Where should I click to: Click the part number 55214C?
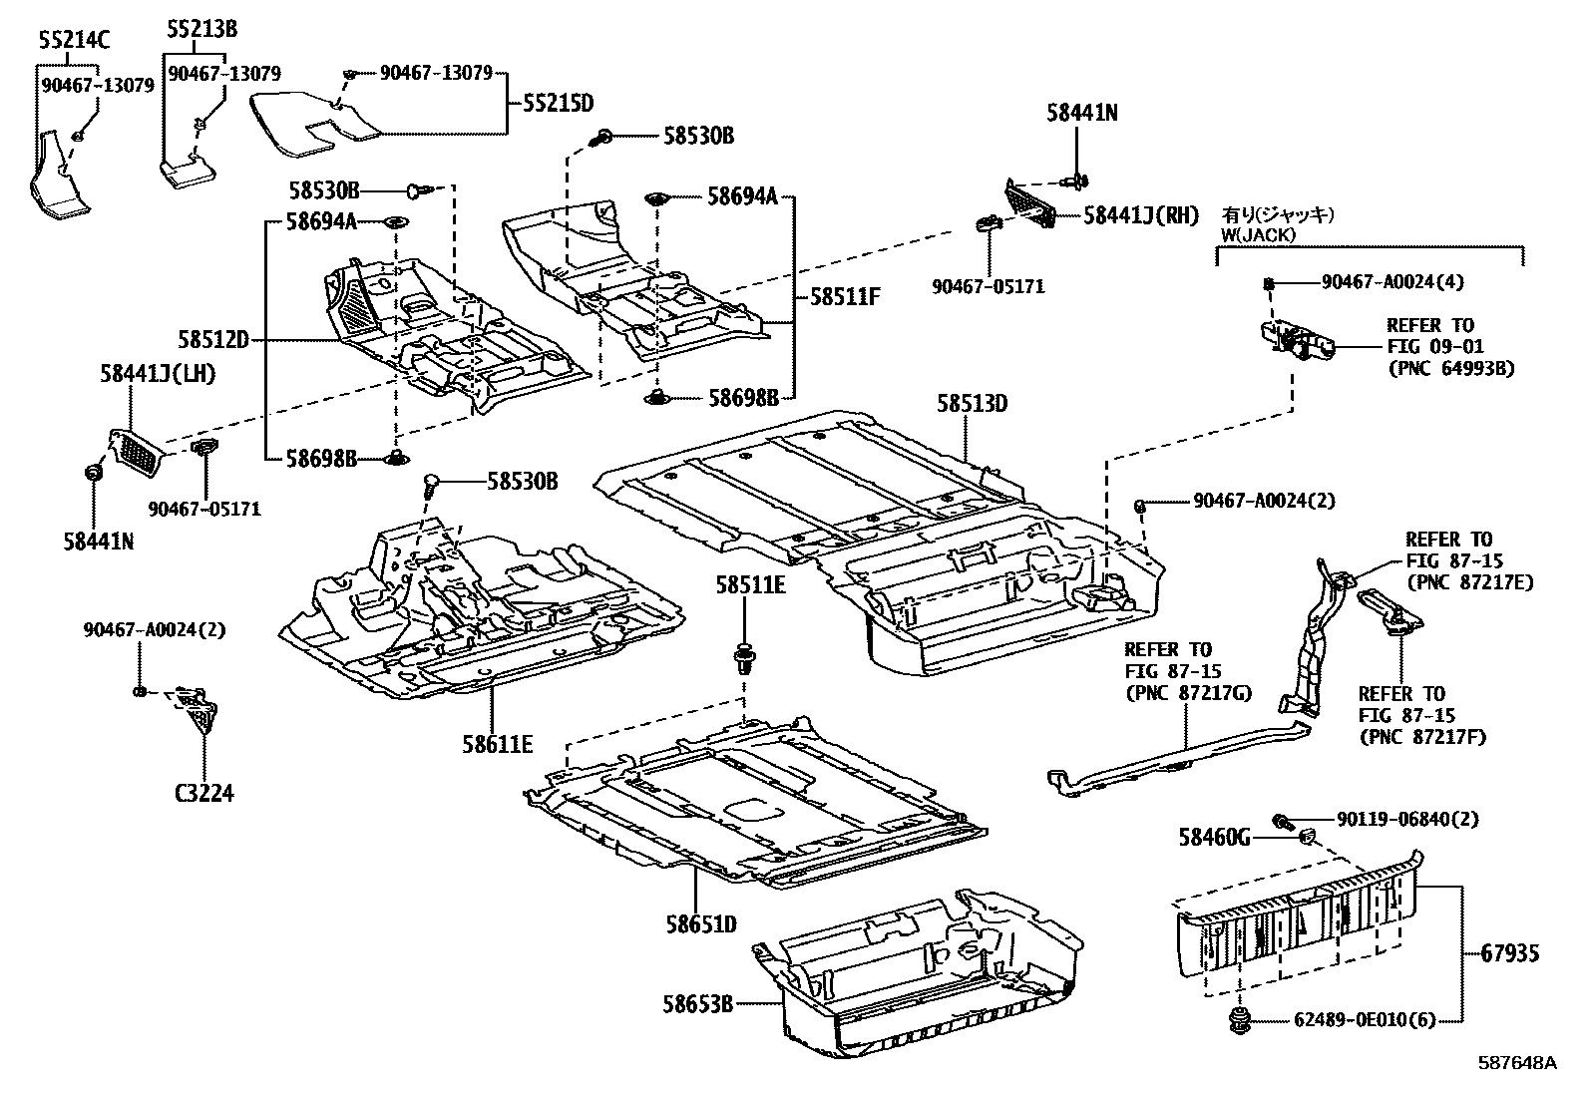75,40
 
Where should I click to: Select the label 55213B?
201,30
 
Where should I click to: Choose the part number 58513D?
972,403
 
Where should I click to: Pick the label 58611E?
497,743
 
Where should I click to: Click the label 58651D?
701,924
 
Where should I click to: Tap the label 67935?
1506,953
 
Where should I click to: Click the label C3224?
204,794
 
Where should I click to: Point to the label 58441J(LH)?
158,373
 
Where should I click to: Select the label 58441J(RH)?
1141,214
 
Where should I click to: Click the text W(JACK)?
1258,234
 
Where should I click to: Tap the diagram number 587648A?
1517,1063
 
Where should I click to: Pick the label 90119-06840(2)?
1381,820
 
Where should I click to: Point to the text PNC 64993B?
1451,368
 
